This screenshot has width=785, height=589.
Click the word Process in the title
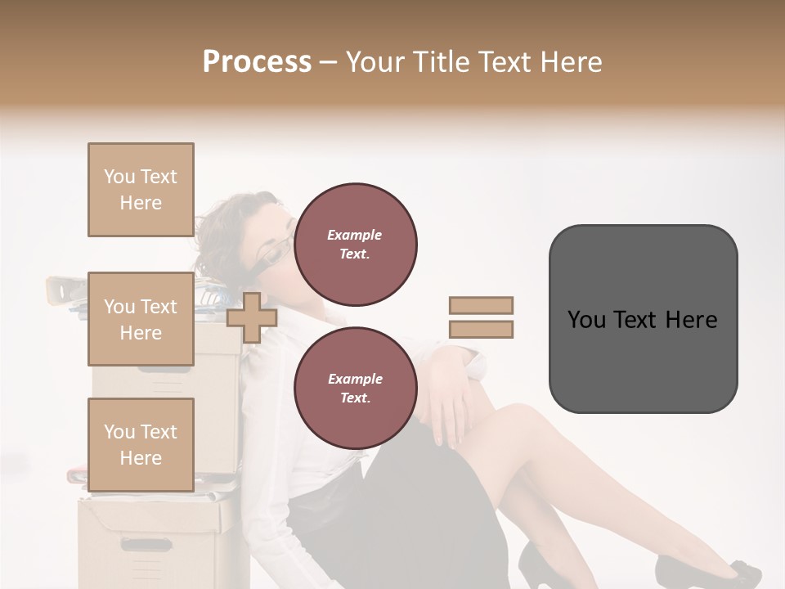[257, 62]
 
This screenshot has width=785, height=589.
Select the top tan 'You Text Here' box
[141, 190]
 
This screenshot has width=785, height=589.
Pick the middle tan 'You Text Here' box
[141, 319]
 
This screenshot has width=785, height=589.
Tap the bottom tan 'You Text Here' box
[141, 445]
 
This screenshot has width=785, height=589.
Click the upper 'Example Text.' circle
[355, 245]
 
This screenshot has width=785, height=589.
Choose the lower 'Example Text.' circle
[355, 389]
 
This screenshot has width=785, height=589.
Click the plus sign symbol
[252, 318]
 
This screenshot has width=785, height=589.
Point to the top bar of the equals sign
[481, 305]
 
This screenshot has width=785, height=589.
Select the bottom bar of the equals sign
[481, 330]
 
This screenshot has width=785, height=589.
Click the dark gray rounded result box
[643, 319]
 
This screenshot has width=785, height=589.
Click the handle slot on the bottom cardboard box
[146, 543]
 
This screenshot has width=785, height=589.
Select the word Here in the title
[570, 62]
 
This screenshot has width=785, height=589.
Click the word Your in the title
[375, 62]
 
